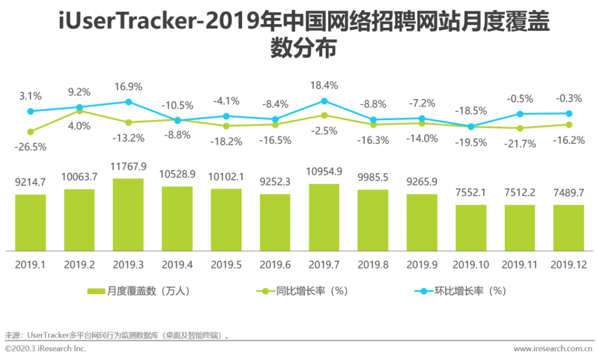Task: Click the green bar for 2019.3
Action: tap(128, 215)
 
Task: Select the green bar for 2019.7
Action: tap(324, 217)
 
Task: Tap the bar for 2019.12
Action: tap(568, 228)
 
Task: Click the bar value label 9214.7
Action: tap(30, 181)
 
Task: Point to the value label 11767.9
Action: tap(128, 166)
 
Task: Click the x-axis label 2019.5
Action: tap(226, 265)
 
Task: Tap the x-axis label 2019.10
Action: tap(471, 265)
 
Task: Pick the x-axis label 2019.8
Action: tap(373, 265)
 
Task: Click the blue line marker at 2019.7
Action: tap(324, 101)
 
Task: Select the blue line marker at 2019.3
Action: tap(128, 102)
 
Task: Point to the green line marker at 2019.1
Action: tap(30, 132)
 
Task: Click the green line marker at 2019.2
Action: tap(80, 111)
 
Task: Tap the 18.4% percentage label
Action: tap(324, 85)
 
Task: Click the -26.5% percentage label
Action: tap(30, 148)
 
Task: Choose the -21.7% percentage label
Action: tap(520, 144)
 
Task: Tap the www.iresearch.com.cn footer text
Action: tap(553, 349)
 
